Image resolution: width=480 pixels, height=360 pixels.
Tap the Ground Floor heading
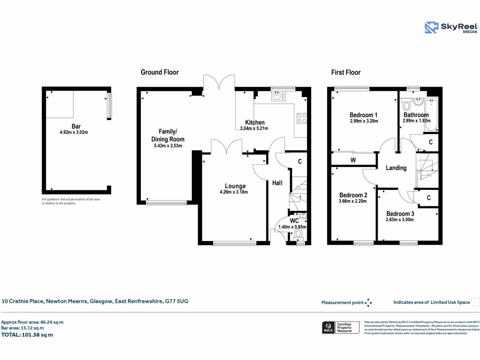pyautogui.click(x=159, y=72)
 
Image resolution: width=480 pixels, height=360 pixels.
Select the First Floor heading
pyautogui.click(x=345, y=72)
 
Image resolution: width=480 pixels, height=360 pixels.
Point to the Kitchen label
pyautogui.click(x=255, y=122)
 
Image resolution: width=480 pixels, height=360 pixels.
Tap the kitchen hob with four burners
pyautogui.click(x=302, y=118)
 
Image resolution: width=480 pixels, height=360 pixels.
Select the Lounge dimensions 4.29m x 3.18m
pyautogui.click(x=233, y=192)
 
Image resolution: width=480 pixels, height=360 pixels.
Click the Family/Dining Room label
pyautogui.click(x=167, y=135)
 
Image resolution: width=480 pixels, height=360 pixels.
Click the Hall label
pyautogui.click(x=277, y=183)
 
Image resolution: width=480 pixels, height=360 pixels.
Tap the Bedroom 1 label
pyautogui.click(x=364, y=115)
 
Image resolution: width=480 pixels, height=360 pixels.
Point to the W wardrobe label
pyautogui.click(x=353, y=160)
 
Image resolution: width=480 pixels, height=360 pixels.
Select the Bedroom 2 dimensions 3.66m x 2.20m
pyautogui.click(x=353, y=201)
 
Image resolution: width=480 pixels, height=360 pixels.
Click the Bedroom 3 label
pyautogui.click(x=399, y=213)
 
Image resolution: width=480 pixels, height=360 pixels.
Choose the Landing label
pyautogui.click(x=396, y=168)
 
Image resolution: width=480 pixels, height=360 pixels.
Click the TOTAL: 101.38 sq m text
pyautogui.click(x=27, y=335)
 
